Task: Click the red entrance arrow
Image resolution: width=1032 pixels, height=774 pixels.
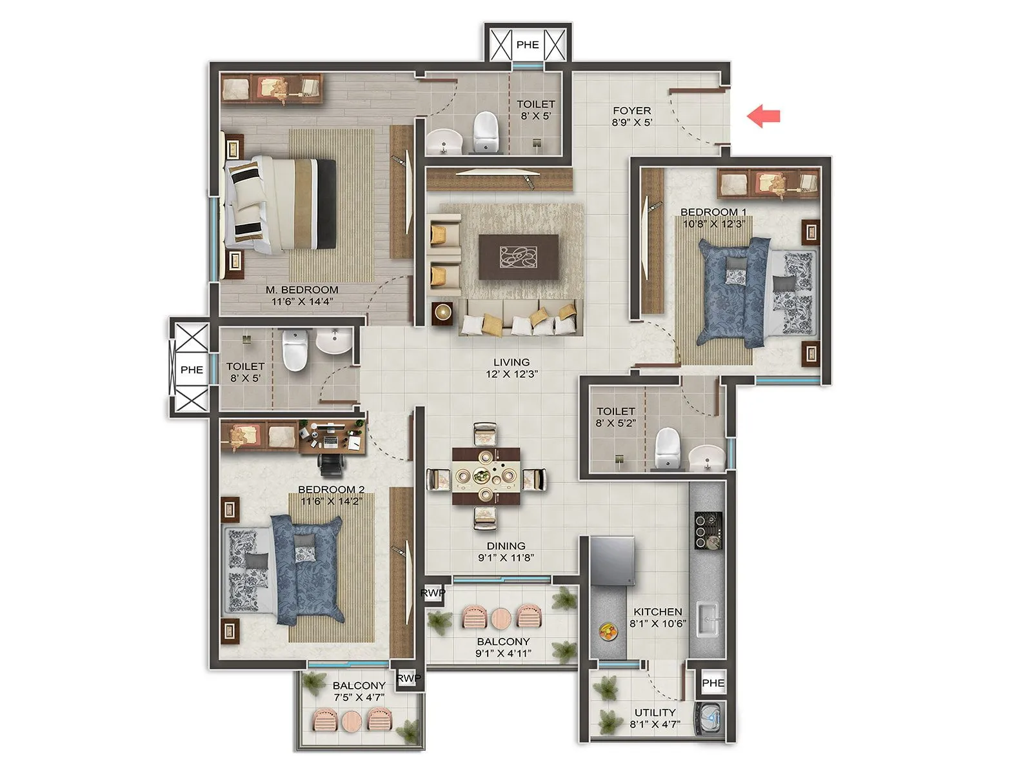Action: click(x=764, y=116)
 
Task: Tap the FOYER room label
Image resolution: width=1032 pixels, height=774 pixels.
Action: click(x=631, y=111)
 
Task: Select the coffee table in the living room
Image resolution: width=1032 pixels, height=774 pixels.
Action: click(x=519, y=257)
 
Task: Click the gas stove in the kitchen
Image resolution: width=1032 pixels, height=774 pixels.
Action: click(x=707, y=530)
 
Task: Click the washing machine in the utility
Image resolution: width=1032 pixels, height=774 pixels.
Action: click(x=710, y=717)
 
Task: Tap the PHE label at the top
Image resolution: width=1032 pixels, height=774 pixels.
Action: click(x=528, y=45)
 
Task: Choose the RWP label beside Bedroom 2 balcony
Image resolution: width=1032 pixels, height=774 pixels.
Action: click(x=409, y=679)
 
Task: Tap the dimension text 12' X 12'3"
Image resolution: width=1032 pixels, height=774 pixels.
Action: click(x=511, y=373)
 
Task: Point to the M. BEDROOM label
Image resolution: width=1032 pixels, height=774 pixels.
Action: click(x=302, y=290)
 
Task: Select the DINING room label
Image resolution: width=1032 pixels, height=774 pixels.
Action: click(x=506, y=546)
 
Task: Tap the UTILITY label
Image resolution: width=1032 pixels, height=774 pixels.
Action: click(x=655, y=712)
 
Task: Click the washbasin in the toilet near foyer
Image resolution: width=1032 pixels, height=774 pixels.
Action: click(x=444, y=140)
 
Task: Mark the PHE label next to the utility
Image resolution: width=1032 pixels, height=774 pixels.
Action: click(x=713, y=683)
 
